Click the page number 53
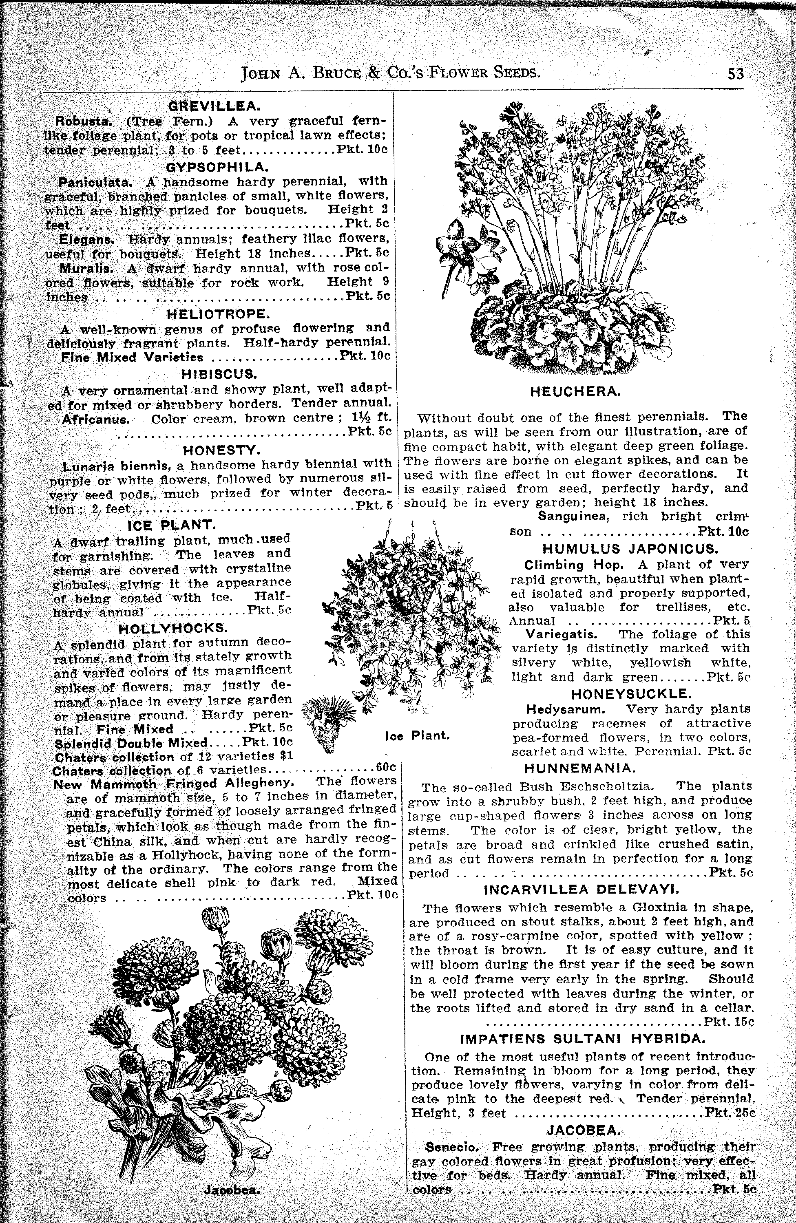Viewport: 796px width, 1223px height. pyautogui.click(x=735, y=74)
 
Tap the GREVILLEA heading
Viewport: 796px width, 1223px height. pyautogui.click(x=215, y=106)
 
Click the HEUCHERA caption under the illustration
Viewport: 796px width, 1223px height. pyautogui.click(x=575, y=392)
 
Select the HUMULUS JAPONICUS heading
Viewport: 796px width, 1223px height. pyautogui.click(x=630, y=549)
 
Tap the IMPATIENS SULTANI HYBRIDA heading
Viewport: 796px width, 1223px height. pyautogui.click(x=582, y=1038)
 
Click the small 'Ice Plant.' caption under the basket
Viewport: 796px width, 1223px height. pyautogui.click(x=417, y=736)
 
